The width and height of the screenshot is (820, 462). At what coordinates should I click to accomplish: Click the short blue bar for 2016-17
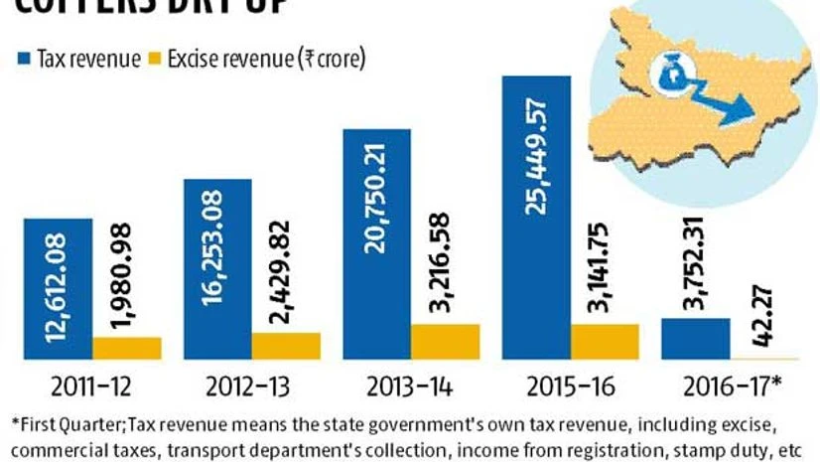tap(695, 338)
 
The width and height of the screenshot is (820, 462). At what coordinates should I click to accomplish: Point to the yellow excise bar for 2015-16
tap(605, 340)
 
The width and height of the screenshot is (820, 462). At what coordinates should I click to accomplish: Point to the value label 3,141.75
tap(605, 267)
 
